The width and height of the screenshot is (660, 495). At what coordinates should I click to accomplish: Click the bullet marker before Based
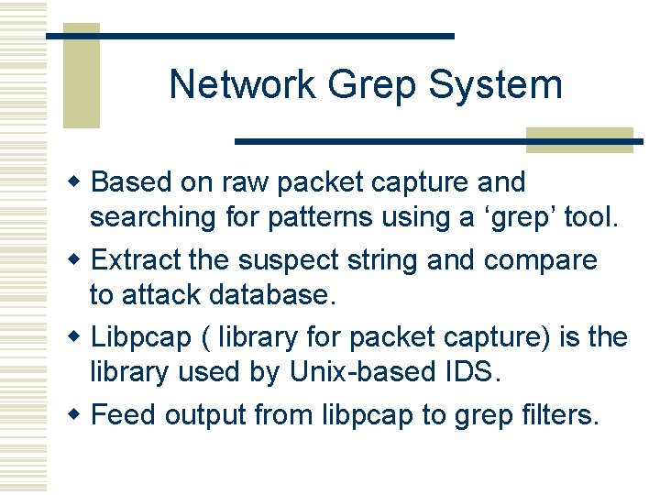pos(81,181)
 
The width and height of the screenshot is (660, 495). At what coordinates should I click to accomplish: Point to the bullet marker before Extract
pos(81,259)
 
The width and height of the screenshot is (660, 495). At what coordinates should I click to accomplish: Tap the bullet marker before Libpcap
pos(81,337)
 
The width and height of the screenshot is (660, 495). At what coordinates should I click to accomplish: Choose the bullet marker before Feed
pos(81,415)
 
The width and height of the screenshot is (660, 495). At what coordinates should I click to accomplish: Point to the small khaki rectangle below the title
pos(579,138)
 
